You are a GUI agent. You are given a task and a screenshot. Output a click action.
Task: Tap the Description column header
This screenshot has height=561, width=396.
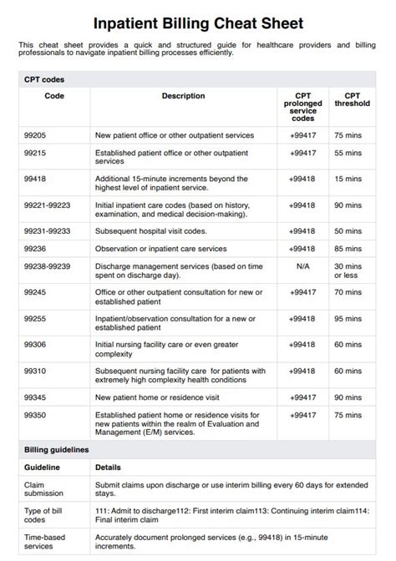coord(183,96)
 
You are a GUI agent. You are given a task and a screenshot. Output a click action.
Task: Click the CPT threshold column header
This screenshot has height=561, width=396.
coord(347,100)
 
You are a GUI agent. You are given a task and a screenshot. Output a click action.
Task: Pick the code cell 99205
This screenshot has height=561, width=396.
coord(35,134)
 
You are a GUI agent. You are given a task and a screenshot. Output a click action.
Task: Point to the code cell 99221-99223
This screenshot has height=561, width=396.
coord(47,205)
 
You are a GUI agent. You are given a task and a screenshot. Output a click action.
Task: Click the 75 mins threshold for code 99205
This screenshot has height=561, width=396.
coord(348,134)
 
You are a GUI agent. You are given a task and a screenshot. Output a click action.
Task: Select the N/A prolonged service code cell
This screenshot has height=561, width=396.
coord(302,266)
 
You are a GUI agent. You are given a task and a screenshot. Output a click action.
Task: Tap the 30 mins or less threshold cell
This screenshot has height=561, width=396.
coord(348,270)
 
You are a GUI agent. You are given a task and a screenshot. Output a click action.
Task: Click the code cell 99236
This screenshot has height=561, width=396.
coord(35,248)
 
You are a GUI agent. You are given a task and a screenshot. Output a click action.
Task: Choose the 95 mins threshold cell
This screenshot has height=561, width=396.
coord(348,318)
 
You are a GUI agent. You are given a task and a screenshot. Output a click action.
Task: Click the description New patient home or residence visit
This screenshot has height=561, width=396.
coord(158,397)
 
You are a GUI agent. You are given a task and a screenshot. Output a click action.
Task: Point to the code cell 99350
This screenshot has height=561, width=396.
coord(35,415)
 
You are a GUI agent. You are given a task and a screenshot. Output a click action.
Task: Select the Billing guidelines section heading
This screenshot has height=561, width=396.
coord(56,449)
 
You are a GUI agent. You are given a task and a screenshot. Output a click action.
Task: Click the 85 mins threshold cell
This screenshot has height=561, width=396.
coord(348,248)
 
